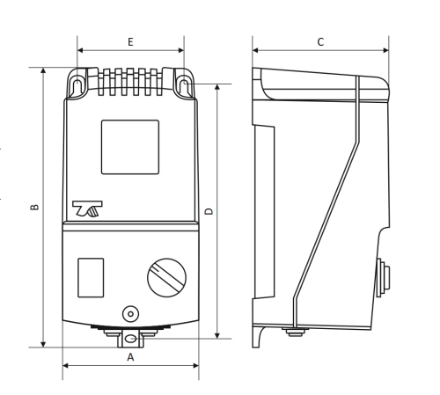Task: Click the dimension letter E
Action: pyautogui.click(x=130, y=42)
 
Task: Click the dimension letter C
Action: pyautogui.click(x=320, y=42)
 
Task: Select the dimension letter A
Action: pyautogui.click(x=130, y=357)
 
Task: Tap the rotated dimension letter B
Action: pyautogui.click(x=34, y=207)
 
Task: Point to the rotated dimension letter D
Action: pyautogui.click(x=209, y=211)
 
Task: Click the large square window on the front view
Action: pyautogui.click(x=130, y=147)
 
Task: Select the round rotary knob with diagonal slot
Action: pyautogui.click(x=166, y=278)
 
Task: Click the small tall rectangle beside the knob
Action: pyautogui.click(x=91, y=278)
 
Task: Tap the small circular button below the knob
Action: pyautogui.click(x=130, y=314)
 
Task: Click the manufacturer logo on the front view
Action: pyautogui.click(x=87, y=208)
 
